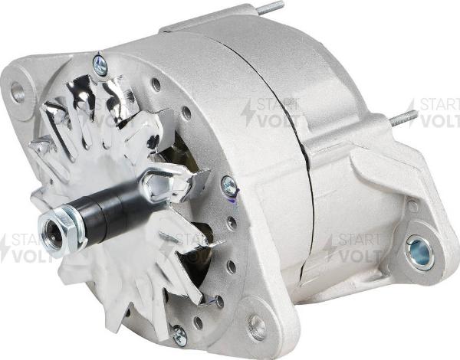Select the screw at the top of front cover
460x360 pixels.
[x=100, y=65]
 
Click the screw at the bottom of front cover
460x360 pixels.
[x=179, y=335]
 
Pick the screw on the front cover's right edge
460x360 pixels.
[x=228, y=185]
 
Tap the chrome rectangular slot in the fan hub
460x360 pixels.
[x=162, y=181]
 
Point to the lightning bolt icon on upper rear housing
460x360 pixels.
[x=247, y=113]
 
